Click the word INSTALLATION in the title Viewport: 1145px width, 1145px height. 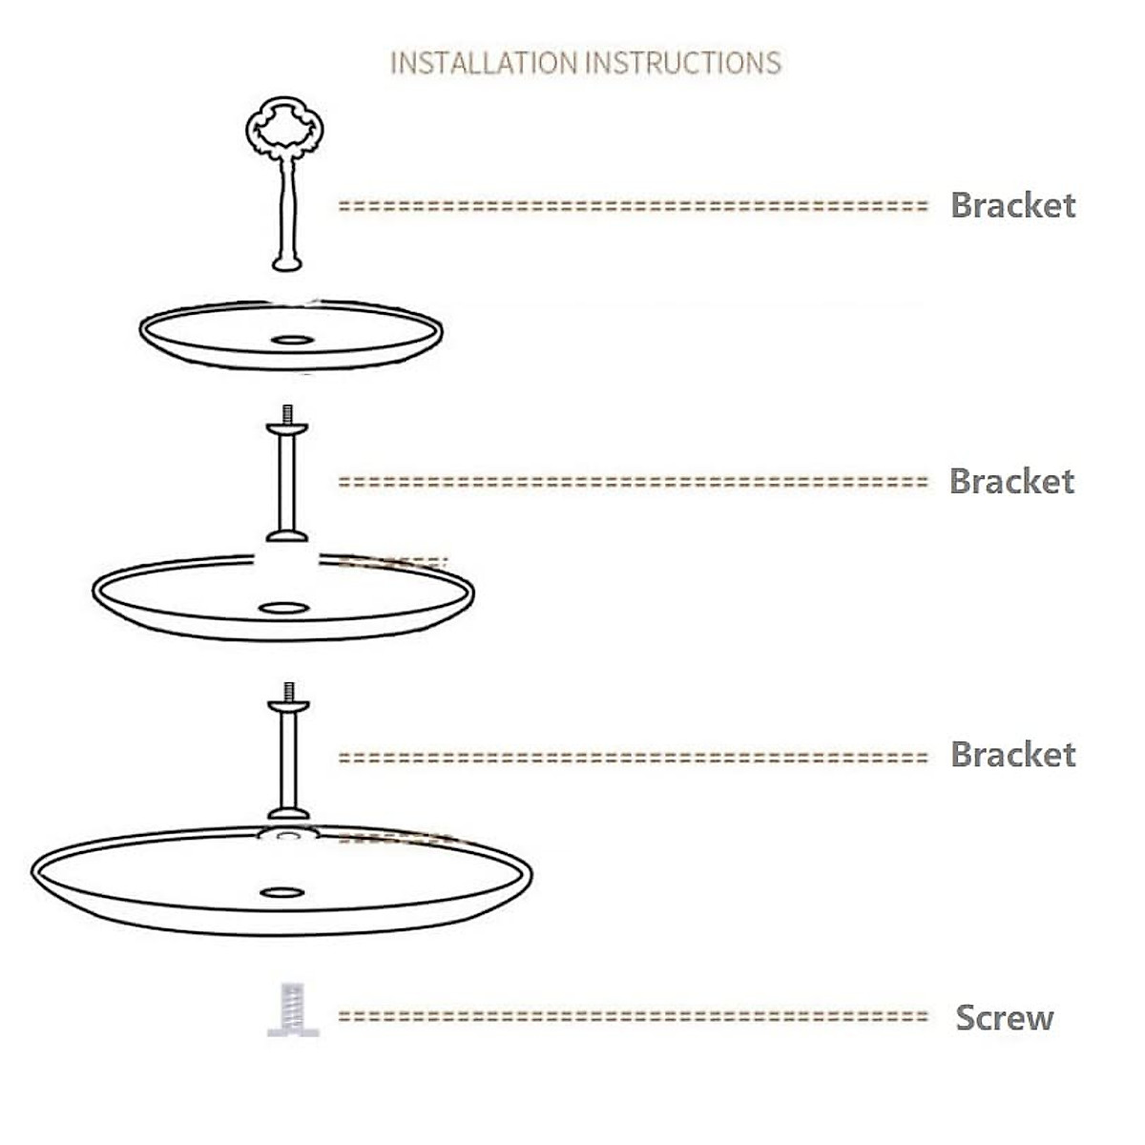pyautogui.click(x=484, y=63)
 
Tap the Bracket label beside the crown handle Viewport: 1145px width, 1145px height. pyautogui.click(x=1012, y=205)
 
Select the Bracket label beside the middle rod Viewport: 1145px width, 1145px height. pyautogui.click(x=1011, y=481)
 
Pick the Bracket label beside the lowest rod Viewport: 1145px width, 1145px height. pyautogui.click(x=1012, y=755)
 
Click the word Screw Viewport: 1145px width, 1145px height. pyautogui.click(x=1004, y=1018)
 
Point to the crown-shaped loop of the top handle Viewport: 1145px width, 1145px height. pyautogui.click(x=284, y=129)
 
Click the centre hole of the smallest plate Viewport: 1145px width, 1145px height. pyautogui.click(x=291, y=340)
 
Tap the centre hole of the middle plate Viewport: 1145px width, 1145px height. pyautogui.click(x=283, y=608)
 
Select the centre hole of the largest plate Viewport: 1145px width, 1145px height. pyautogui.click(x=281, y=893)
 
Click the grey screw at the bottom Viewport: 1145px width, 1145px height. pyautogui.click(x=293, y=1010)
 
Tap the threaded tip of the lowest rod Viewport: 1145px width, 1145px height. pyautogui.click(x=289, y=692)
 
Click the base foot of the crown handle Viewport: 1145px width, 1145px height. pyautogui.click(x=287, y=262)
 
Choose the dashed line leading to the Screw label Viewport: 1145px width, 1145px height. pyautogui.click(x=633, y=1017)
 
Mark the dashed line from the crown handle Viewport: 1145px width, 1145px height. pyautogui.click(x=633, y=205)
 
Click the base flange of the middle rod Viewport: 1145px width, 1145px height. pyautogui.click(x=287, y=536)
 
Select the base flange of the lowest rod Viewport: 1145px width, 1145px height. pyautogui.click(x=288, y=814)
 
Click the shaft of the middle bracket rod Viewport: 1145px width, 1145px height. pyautogui.click(x=287, y=482)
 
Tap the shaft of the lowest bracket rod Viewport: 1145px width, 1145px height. pyautogui.click(x=288, y=759)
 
